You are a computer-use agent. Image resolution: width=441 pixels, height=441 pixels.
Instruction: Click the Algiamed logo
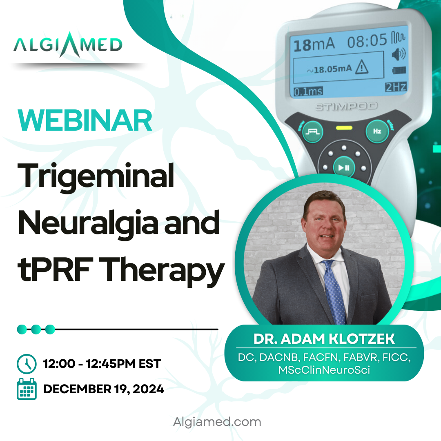[x=68, y=45]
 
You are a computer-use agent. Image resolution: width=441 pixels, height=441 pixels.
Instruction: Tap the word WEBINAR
[x=85, y=120]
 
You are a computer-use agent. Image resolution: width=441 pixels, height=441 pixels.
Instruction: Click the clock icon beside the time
[x=27, y=364]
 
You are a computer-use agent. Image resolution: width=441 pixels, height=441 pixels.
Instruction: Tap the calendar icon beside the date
[x=27, y=389]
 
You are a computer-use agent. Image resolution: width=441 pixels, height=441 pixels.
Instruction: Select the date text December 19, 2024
[x=103, y=389]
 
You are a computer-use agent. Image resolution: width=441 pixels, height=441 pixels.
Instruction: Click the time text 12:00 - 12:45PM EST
[x=102, y=364]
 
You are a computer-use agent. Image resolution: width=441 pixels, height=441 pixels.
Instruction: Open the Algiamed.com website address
[x=217, y=422]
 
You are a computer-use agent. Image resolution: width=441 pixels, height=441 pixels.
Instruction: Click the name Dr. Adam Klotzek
[x=324, y=339]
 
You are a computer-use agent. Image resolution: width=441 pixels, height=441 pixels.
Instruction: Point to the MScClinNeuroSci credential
[x=324, y=370]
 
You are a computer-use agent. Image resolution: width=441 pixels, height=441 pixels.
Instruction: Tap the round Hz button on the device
[x=377, y=131]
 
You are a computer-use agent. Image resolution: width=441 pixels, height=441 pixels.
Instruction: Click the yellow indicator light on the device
[x=344, y=128]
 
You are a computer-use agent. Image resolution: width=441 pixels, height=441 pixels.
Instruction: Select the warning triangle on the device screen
[x=362, y=67]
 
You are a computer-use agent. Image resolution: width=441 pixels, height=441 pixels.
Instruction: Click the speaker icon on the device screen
[x=399, y=54]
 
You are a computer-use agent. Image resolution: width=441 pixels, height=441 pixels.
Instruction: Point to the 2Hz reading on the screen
[x=396, y=87]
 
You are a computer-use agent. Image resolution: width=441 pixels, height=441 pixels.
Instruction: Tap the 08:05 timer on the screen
[x=367, y=41]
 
